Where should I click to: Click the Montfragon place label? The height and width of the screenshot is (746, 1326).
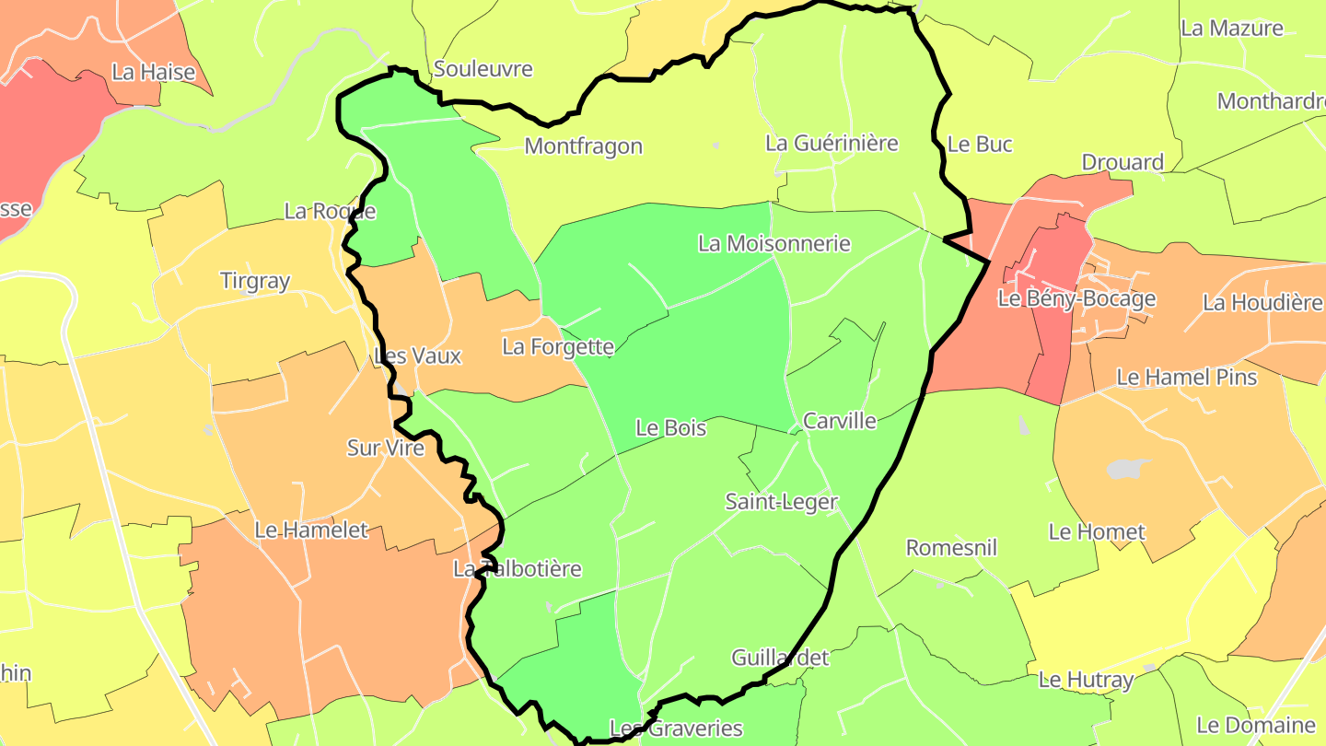coord(583,146)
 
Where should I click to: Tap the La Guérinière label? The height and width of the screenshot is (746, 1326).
coord(832,144)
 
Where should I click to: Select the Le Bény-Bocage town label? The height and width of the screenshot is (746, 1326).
coord(1076,298)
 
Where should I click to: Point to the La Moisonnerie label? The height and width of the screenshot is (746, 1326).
coord(774,244)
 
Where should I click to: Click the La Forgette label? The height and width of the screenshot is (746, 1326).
coord(558,347)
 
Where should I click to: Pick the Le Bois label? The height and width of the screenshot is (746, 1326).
coord(671,428)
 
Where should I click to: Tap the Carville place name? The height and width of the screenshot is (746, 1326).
coord(840,422)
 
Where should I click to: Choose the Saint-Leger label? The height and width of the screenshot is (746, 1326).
coord(782,502)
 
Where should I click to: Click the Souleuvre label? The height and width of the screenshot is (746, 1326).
coord(483,69)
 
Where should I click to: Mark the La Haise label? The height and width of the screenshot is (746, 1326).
coord(154,72)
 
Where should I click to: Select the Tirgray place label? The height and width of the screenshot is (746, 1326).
coord(255,281)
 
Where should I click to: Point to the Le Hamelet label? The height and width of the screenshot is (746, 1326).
coord(311,530)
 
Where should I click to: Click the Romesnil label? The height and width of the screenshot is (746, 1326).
coord(952,548)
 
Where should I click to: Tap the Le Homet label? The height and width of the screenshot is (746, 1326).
coord(1097,532)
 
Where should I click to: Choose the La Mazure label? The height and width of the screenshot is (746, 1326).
coord(1232,29)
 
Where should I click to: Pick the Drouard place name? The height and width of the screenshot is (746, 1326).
coord(1122,163)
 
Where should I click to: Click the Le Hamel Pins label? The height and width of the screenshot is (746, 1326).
coord(1187,377)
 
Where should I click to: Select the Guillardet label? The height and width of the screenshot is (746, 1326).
coord(780,658)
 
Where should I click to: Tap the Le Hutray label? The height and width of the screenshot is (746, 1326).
coord(1086,681)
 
